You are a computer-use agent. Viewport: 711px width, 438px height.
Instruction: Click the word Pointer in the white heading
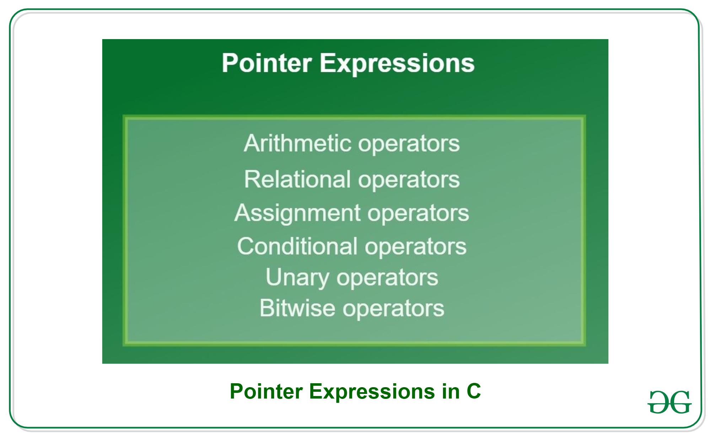266,63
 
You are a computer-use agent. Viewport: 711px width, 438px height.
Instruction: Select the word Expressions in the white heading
397,64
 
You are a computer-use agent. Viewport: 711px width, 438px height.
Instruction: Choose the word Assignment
297,214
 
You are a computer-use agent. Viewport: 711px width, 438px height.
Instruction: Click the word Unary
297,278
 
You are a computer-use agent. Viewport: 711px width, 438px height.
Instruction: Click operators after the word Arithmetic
409,144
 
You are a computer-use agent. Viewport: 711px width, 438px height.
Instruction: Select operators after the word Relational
409,180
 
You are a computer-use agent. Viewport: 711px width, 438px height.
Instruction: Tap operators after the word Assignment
418,214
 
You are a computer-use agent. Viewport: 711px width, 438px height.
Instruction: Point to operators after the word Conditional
416,247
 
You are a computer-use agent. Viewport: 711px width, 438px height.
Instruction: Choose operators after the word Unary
388,278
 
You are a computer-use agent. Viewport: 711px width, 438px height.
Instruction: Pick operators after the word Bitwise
393,309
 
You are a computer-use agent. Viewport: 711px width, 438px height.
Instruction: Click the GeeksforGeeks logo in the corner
669,402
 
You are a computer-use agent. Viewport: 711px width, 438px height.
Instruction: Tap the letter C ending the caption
474,391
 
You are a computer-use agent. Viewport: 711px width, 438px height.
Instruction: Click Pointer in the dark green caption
266,391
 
